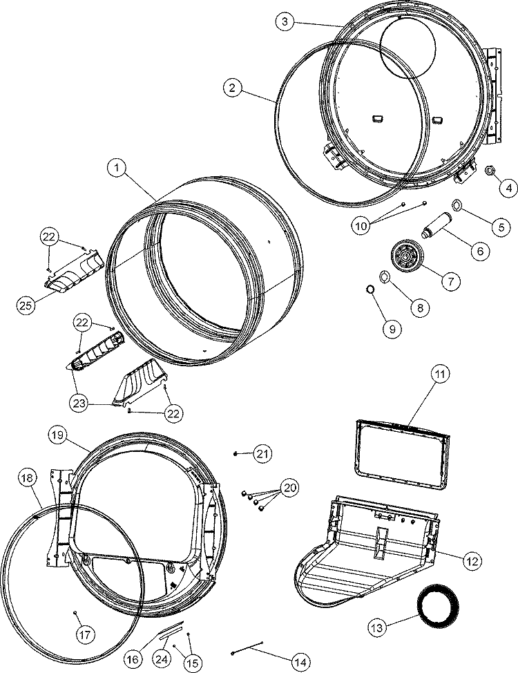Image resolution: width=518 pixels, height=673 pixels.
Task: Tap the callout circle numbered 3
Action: click(285, 22)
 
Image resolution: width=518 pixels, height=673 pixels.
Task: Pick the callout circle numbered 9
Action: click(392, 330)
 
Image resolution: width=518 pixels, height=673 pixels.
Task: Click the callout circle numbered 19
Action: click(58, 435)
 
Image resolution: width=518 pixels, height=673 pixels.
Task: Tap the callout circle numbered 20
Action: click(289, 487)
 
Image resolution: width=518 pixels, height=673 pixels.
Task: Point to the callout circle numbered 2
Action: click(233, 87)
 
